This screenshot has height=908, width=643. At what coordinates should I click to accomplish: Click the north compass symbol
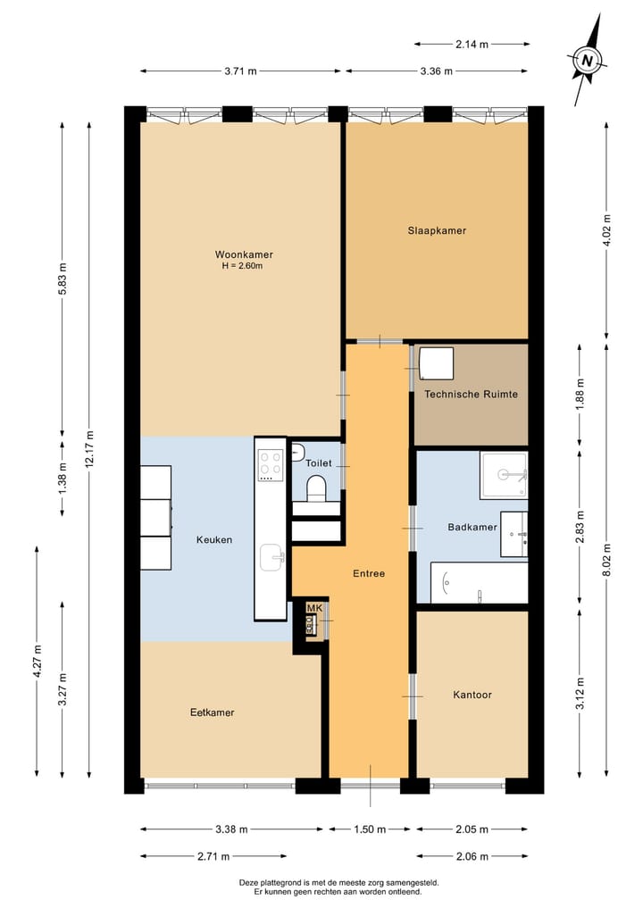[588, 60]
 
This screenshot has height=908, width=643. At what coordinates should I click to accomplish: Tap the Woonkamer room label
[244, 254]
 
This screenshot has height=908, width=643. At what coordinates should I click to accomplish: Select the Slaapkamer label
[437, 230]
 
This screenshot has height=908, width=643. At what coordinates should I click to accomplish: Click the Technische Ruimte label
[471, 395]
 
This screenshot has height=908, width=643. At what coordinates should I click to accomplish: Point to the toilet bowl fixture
[316, 487]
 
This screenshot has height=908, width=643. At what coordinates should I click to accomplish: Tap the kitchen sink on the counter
[272, 558]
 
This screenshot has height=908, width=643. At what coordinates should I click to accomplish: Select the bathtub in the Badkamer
[479, 582]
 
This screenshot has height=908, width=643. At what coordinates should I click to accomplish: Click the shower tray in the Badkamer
[504, 475]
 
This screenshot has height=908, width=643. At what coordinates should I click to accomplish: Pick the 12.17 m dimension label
[88, 450]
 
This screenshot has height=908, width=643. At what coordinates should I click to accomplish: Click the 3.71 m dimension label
[240, 71]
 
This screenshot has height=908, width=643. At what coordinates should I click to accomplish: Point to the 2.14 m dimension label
[472, 44]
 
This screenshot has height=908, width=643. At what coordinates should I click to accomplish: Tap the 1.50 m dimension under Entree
[370, 829]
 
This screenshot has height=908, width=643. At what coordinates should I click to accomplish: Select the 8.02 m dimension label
[606, 560]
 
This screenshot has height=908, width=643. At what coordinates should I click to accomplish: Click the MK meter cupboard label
[314, 608]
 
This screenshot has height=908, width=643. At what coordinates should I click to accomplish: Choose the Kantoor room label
[472, 695]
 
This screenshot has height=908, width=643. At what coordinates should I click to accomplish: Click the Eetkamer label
[212, 712]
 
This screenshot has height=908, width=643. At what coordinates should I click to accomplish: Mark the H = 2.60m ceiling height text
[242, 266]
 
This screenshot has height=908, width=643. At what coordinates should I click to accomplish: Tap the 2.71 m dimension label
[213, 856]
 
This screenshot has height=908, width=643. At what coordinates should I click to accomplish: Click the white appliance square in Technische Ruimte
[436, 363]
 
